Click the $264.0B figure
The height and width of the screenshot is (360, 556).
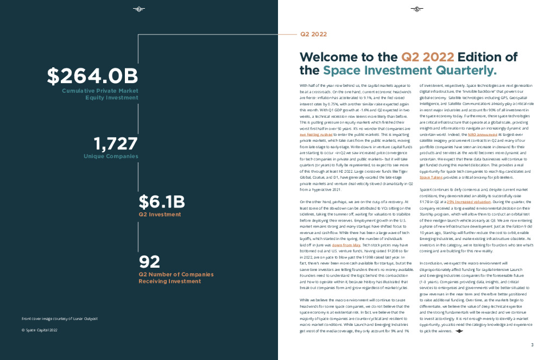(x=92, y=76)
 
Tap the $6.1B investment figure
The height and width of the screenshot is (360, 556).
(x=162, y=202)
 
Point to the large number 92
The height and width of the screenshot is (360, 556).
(x=149, y=262)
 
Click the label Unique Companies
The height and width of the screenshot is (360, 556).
(x=111, y=156)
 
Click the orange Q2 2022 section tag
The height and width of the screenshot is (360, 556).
(x=313, y=34)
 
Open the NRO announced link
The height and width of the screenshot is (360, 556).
(x=479, y=134)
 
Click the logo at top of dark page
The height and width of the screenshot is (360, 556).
(x=139, y=9)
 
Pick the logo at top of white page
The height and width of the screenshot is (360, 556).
(x=416, y=9)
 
